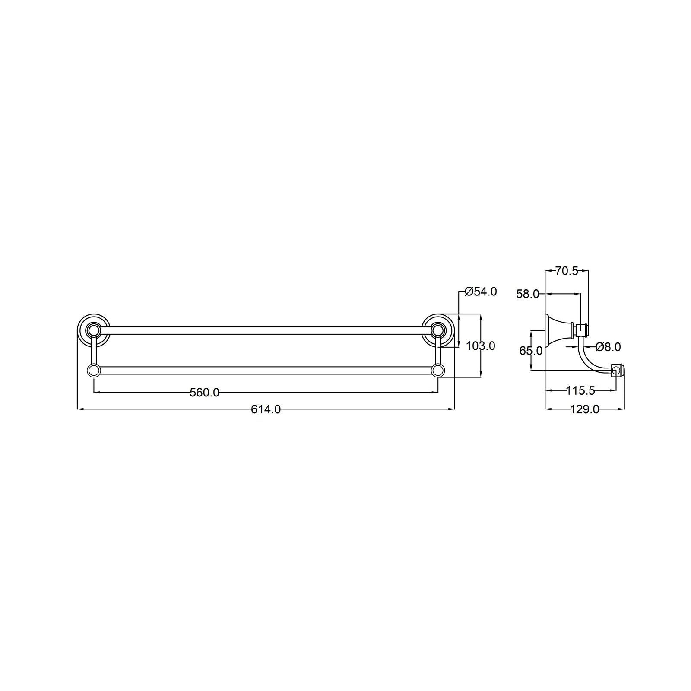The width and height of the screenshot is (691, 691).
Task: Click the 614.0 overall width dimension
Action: click(266, 409)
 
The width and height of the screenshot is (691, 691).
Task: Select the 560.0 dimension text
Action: click(205, 393)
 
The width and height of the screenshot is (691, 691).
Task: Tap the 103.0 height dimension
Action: click(481, 346)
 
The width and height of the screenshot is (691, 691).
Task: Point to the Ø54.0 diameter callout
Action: click(481, 292)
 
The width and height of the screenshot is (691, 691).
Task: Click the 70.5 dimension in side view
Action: click(567, 271)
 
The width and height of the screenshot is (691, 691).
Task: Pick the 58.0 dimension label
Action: click(528, 295)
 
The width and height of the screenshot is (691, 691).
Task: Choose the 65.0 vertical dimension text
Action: click(531, 351)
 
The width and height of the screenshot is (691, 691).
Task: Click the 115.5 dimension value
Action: click(580, 391)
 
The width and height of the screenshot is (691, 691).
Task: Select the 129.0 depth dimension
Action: click(585, 409)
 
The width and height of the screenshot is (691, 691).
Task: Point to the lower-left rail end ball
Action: click(93, 370)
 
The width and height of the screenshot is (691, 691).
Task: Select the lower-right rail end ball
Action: click(438, 370)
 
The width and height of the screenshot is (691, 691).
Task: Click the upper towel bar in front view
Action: click(266, 331)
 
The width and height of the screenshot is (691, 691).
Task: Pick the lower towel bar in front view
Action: click(266, 370)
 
